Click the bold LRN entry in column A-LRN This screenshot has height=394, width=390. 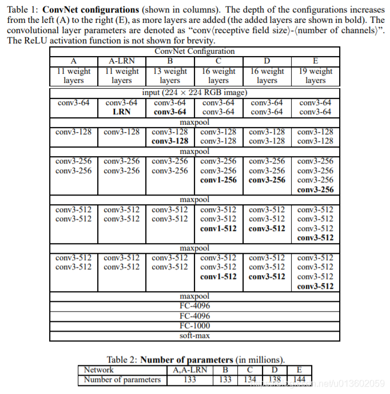[x=122, y=112]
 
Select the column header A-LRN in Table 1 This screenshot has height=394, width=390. [x=122, y=61]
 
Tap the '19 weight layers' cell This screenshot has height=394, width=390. [x=315, y=76]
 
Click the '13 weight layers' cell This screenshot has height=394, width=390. [x=170, y=76]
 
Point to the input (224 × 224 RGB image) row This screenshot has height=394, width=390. [x=194, y=93]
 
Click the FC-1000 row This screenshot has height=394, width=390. [x=194, y=325]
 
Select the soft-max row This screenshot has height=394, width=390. [x=194, y=335]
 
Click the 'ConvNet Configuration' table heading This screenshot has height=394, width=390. [x=194, y=51]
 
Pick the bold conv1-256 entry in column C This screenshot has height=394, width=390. [x=218, y=180]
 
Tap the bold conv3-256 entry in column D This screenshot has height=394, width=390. [x=267, y=180]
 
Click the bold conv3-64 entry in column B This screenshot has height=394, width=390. [x=170, y=112]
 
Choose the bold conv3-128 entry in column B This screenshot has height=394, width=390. [x=170, y=141]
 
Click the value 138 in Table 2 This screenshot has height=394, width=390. [x=275, y=379]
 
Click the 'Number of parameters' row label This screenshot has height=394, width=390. [x=122, y=379]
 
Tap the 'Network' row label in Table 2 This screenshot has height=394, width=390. [x=98, y=370]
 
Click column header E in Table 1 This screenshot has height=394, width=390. [x=315, y=61]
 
